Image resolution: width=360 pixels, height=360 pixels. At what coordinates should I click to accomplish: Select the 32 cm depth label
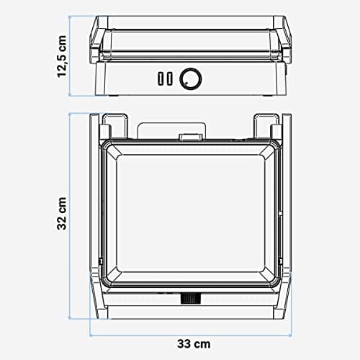(63, 215)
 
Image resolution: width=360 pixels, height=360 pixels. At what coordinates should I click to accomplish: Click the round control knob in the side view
(190, 78)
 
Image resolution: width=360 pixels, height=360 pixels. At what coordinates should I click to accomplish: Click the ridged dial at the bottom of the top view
(192, 298)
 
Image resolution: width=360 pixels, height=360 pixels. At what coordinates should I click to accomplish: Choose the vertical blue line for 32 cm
(73, 215)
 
